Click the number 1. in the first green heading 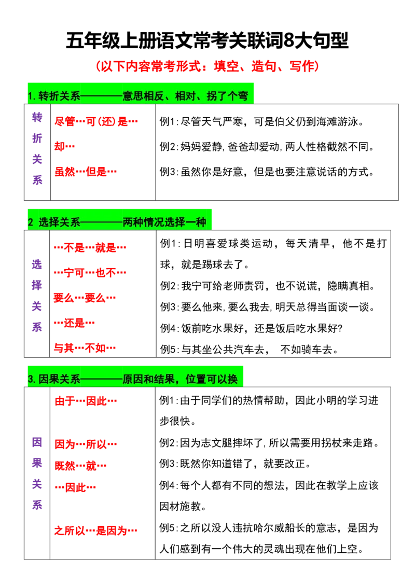tap(32, 96)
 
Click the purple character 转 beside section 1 tap(37, 117)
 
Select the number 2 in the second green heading tap(30, 222)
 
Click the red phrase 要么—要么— tap(85, 298)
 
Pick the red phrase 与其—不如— tap(85, 348)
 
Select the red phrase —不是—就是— tap(90, 247)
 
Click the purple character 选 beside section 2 tap(37, 264)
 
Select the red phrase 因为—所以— tap(87, 444)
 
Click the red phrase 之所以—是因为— tap(96, 530)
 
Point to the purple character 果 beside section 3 tap(37, 463)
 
